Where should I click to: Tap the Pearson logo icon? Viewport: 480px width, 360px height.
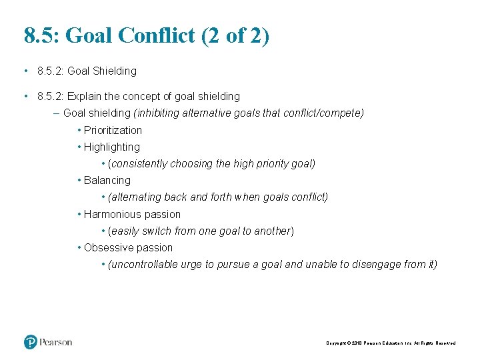(x=31, y=342)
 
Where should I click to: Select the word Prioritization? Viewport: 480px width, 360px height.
(x=113, y=130)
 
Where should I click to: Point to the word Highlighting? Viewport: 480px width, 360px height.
(x=112, y=147)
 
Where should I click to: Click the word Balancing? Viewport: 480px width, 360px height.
(x=107, y=180)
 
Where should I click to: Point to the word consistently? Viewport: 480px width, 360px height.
(x=139, y=163)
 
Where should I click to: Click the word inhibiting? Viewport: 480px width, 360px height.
(x=159, y=113)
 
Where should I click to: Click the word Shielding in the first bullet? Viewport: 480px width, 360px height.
(x=115, y=71)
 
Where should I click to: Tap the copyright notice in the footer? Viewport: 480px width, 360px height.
(x=391, y=343)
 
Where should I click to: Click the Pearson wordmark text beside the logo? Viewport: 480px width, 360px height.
(x=56, y=342)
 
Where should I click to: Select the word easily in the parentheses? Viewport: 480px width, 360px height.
(x=124, y=231)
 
